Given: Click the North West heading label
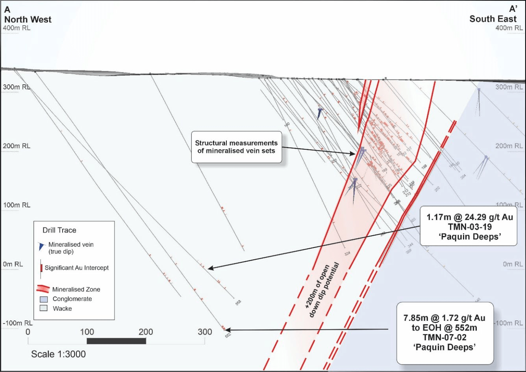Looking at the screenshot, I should coord(28,20).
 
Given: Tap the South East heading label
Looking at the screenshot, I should coord(493,19).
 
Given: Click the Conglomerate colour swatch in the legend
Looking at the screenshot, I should coord(44,299).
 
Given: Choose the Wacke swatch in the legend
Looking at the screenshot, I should coord(44,308).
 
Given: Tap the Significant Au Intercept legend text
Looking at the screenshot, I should coord(77,268).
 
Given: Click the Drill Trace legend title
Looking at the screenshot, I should coord(59,230).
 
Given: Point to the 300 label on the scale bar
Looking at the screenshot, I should coord(205,332).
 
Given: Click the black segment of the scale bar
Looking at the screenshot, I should coord(116,341).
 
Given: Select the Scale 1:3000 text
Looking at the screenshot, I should coord(58,354).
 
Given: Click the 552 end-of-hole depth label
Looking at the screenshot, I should coord(228,335).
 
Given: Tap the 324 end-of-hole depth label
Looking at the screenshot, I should coord(347,253).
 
